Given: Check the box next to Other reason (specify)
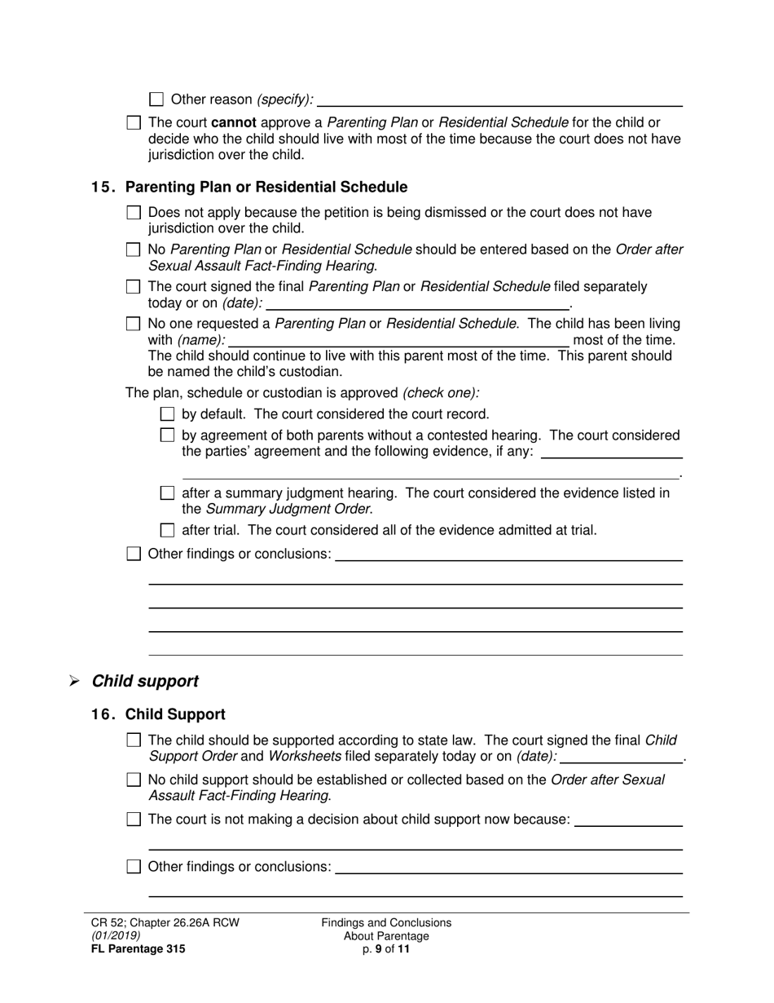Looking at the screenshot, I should (x=156, y=99).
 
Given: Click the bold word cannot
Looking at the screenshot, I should (x=222, y=123).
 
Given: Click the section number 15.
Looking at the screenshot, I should (x=103, y=188).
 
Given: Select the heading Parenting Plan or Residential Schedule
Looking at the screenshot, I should (x=266, y=188).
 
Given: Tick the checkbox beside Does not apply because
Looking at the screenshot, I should (x=134, y=213).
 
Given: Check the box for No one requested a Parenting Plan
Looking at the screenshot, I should (x=134, y=324).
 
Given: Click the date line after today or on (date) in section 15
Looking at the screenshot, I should (x=417, y=303).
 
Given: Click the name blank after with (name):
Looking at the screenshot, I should (x=398, y=340).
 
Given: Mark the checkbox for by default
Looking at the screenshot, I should (x=168, y=414).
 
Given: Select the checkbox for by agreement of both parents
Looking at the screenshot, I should (x=168, y=436).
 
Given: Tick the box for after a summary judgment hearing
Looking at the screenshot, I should (x=168, y=493).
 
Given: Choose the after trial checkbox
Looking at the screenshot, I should (x=168, y=531).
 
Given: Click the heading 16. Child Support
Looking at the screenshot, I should (x=158, y=714).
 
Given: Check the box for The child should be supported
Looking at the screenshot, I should (x=134, y=740).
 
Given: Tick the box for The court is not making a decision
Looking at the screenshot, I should (x=134, y=820).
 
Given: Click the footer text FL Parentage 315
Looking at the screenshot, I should (x=138, y=949).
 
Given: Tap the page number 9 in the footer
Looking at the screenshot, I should (x=379, y=949).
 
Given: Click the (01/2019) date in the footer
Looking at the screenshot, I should (x=115, y=936).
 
